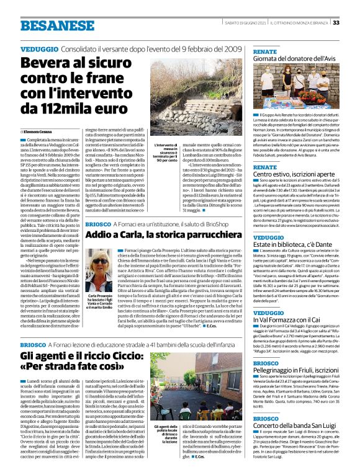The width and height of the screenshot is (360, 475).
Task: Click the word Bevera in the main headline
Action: (43, 63)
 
